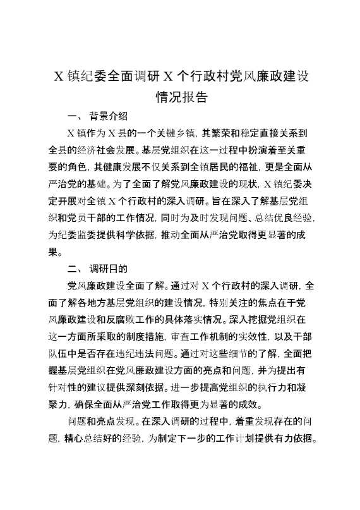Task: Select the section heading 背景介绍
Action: pyautogui.click(x=109, y=116)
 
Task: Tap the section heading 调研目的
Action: pyautogui.click(x=109, y=269)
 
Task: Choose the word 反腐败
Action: pyautogui.click(x=154, y=320)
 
